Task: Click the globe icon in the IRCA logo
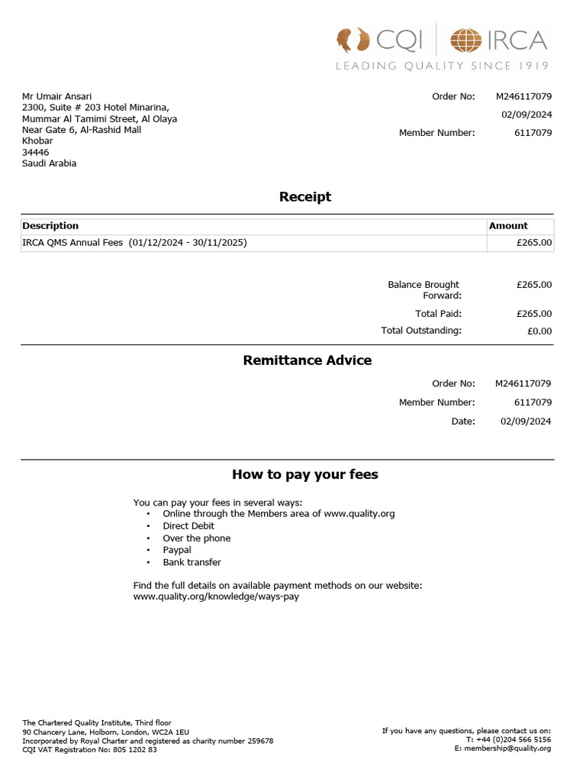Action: (465, 40)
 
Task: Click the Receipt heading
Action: (305, 197)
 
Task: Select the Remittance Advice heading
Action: (307, 360)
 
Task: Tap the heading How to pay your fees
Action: (305, 474)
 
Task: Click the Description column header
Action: (50, 226)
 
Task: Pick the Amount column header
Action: (508, 226)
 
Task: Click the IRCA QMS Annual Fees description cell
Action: (134, 243)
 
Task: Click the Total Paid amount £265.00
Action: (533, 314)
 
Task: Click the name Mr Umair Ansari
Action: (57, 96)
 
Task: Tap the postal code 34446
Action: (36, 152)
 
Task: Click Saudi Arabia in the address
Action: (50, 163)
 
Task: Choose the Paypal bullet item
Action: (177, 550)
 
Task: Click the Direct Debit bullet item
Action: (188, 526)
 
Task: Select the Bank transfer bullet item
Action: (192, 562)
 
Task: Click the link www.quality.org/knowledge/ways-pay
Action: (216, 596)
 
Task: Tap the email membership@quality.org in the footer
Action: (507, 748)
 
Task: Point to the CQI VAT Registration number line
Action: (90, 750)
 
